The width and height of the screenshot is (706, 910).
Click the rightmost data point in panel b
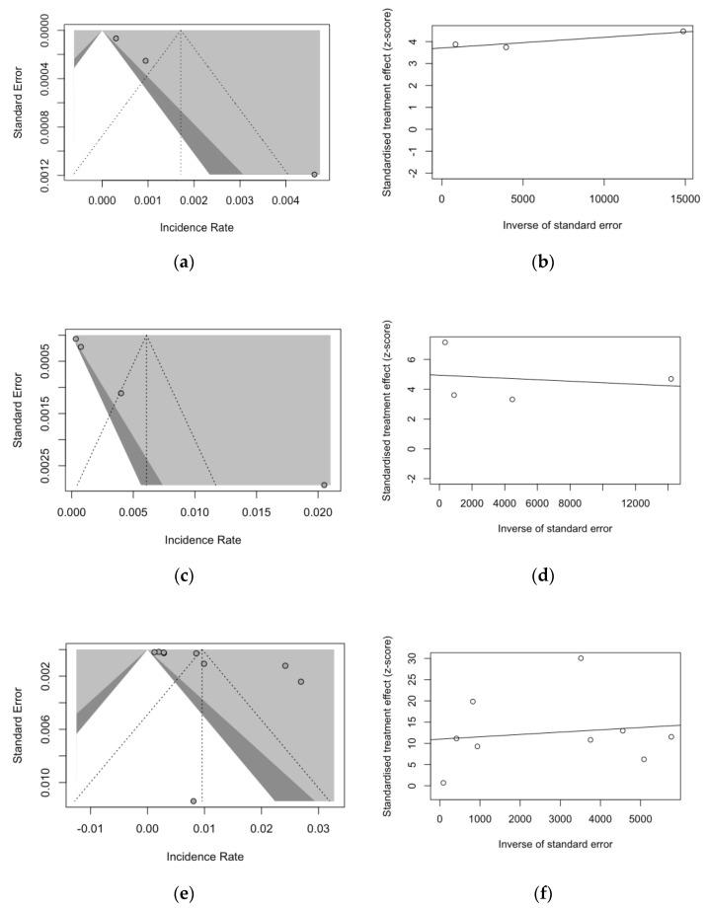click(x=683, y=32)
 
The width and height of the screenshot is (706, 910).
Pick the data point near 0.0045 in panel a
click(x=314, y=175)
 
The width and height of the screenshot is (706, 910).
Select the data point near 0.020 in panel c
click(x=324, y=485)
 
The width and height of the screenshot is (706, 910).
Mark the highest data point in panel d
click(x=445, y=342)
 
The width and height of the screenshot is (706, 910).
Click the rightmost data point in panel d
click(x=670, y=379)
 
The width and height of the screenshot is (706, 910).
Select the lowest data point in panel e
click(x=194, y=800)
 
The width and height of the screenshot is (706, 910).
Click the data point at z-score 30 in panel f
click(x=581, y=658)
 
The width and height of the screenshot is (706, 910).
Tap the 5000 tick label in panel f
click(x=643, y=817)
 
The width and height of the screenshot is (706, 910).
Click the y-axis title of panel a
click(x=20, y=101)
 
